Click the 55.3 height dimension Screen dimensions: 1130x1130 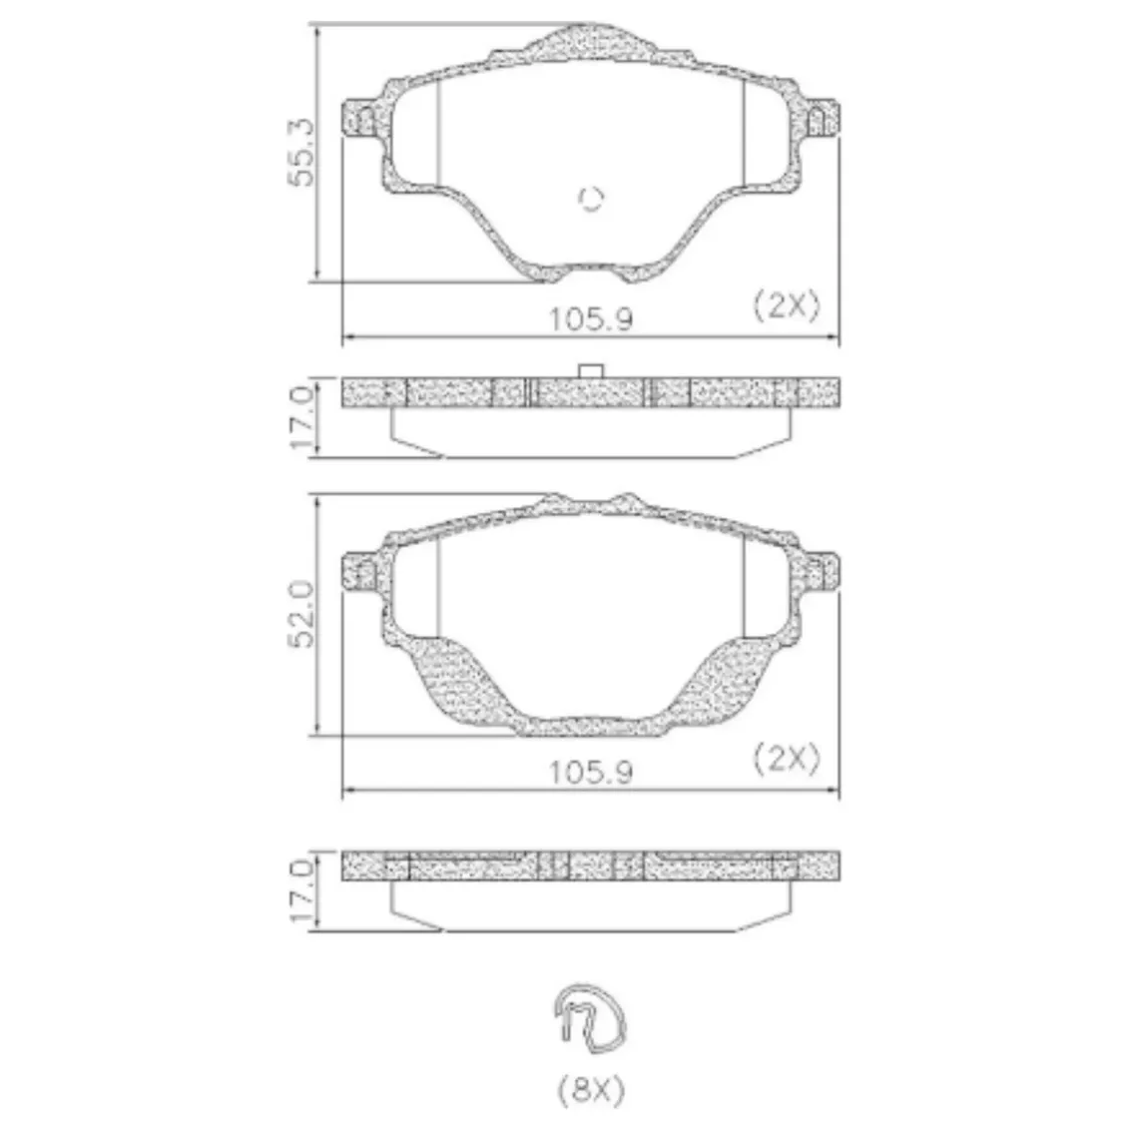[301, 152]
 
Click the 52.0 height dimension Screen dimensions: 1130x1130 [301, 613]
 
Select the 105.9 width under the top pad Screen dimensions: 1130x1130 [591, 319]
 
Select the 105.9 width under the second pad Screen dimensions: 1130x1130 [591, 773]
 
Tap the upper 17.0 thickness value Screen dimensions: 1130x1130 [301, 417]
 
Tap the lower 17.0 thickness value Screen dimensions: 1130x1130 [301, 890]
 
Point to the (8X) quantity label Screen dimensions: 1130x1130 [591, 1091]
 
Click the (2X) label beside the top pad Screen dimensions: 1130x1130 [787, 306]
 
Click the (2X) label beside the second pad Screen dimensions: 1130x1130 [787, 758]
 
